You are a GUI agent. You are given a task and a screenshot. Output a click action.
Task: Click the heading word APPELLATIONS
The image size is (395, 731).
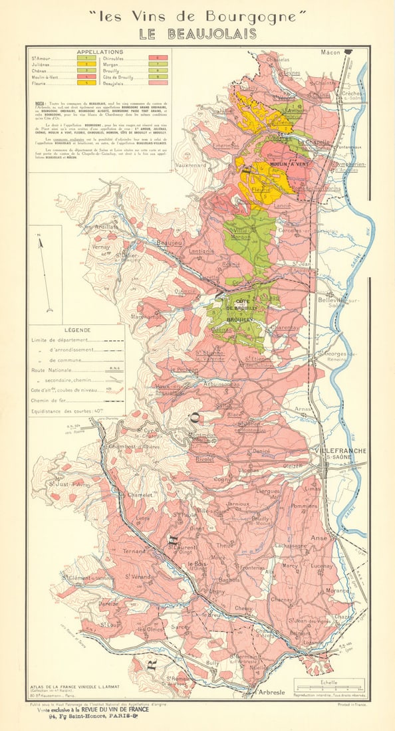[100, 51]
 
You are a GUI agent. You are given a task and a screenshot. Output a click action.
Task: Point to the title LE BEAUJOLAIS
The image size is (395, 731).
[197, 35]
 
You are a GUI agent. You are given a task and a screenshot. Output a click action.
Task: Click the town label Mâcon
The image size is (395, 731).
[330, 52]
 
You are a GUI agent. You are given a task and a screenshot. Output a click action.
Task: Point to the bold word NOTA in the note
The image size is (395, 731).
[40, 104]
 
